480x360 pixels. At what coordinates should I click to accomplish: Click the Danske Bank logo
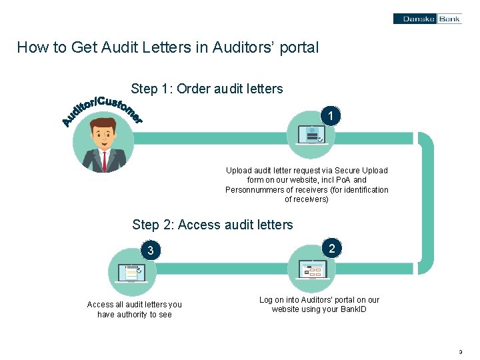(426, 19)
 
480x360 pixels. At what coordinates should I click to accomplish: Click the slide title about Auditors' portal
(168, 48)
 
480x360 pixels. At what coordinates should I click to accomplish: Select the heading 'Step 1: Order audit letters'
(207, 89)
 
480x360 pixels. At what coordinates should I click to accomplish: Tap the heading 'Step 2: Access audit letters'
(213, 225)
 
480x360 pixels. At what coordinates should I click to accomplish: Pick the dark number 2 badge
(331, 248)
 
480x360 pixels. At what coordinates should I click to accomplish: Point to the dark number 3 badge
(151, 251)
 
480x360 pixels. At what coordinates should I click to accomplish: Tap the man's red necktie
(104, 161)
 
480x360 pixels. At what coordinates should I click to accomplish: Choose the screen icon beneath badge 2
(312, 269)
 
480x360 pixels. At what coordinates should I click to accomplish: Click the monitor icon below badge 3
(131, 273)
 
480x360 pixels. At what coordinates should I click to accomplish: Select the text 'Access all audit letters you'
(134, 305)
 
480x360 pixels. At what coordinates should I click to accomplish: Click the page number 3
(461, 351)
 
